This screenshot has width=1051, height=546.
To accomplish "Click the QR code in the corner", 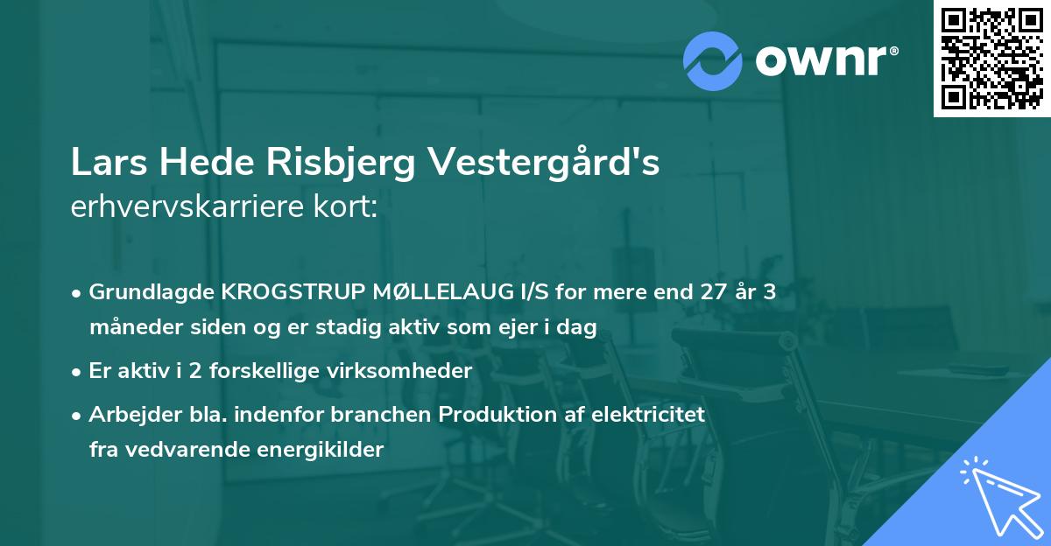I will (992, 59).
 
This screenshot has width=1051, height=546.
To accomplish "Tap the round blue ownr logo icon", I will (714, 60).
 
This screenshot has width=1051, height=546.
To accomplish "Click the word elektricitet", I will (650, 413).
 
